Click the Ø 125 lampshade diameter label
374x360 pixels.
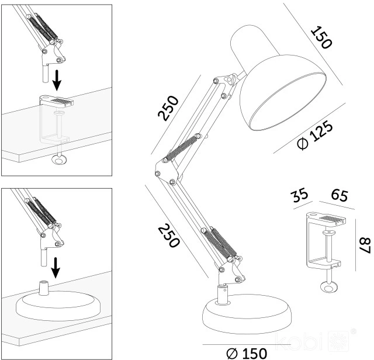coord(315,135)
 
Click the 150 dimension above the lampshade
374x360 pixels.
coord(321,37)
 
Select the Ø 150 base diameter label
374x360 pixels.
coord(247,354)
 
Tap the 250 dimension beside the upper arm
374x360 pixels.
coord(168,108)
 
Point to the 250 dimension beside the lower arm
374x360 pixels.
coord(168,236)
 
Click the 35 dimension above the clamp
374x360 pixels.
coord(300,195)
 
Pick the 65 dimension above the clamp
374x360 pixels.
coord(340,195)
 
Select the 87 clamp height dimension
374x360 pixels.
coord(365,245)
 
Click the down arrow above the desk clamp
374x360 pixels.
coord(57,80)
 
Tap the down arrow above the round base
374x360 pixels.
coord(56,268)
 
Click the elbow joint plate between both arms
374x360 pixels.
coord(167,171)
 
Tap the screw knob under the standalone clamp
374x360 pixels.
coord(329,287)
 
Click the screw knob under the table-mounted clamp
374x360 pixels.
coord(60,160)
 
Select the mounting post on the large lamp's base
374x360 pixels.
coord(222,295)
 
